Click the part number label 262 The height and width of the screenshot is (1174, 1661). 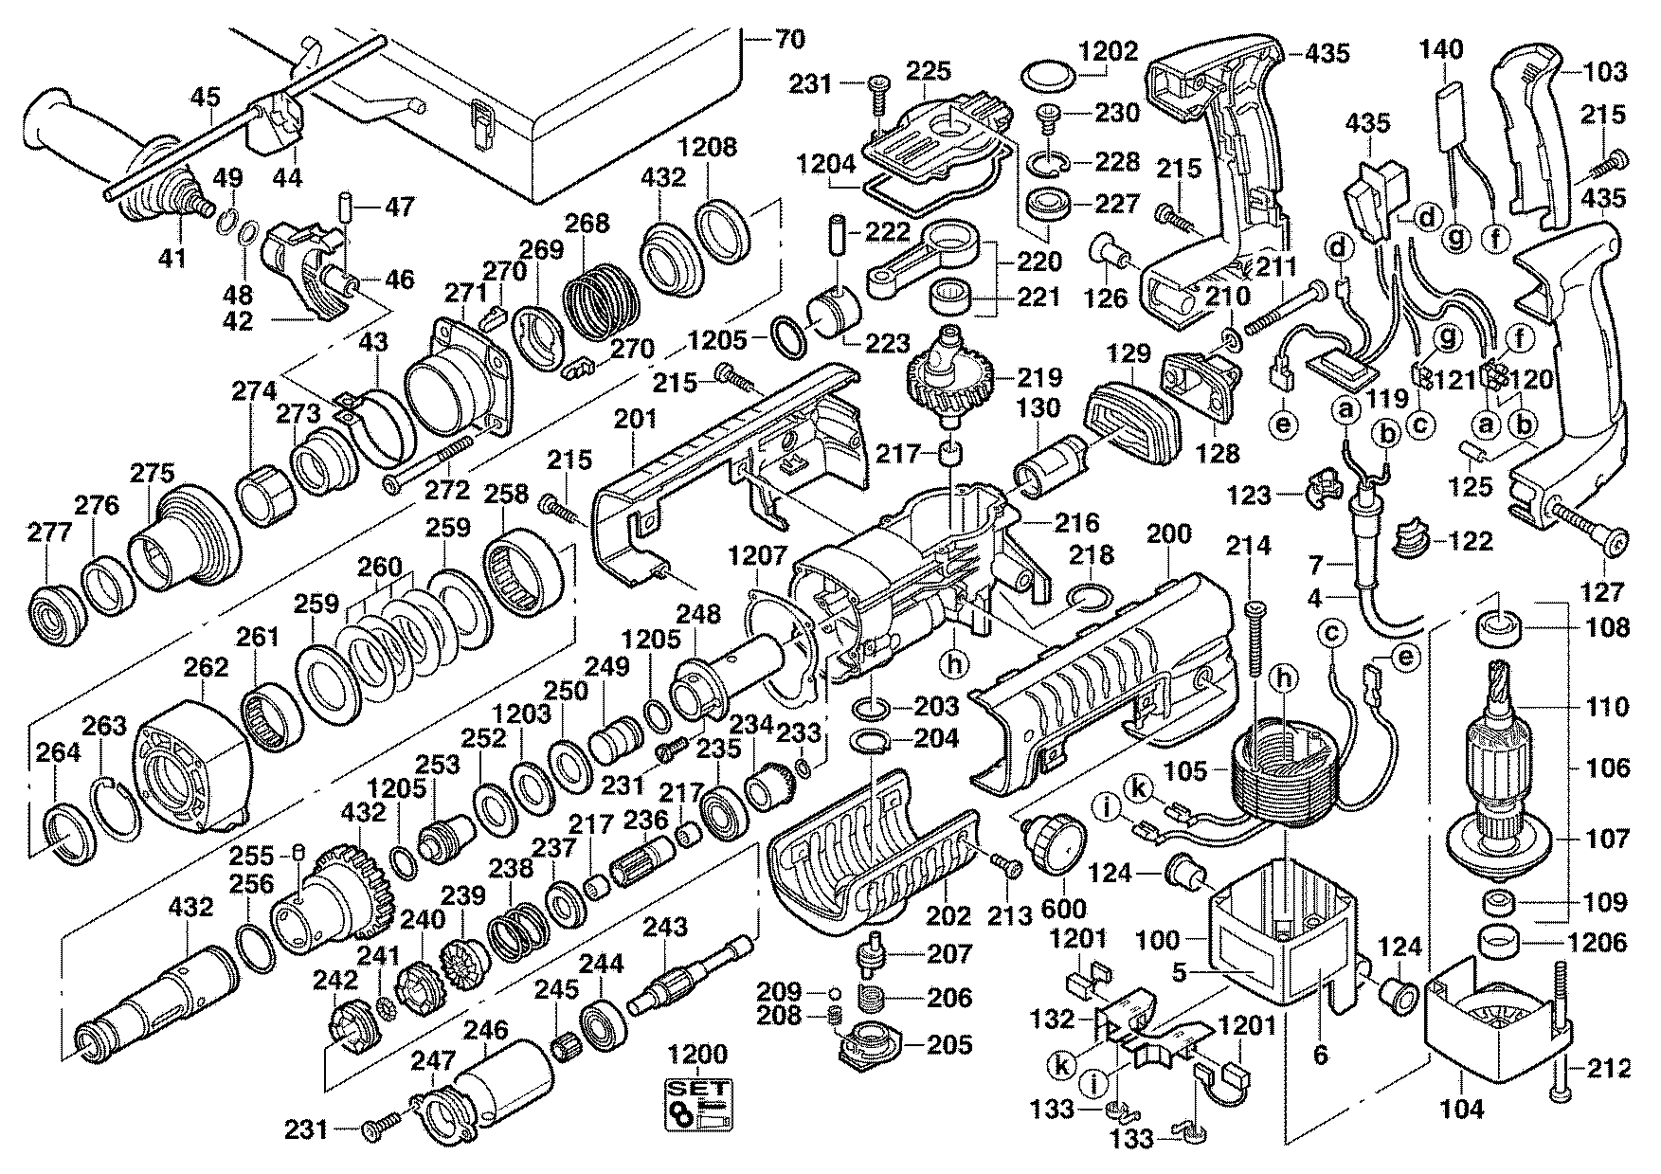click(x=207, y=667)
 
